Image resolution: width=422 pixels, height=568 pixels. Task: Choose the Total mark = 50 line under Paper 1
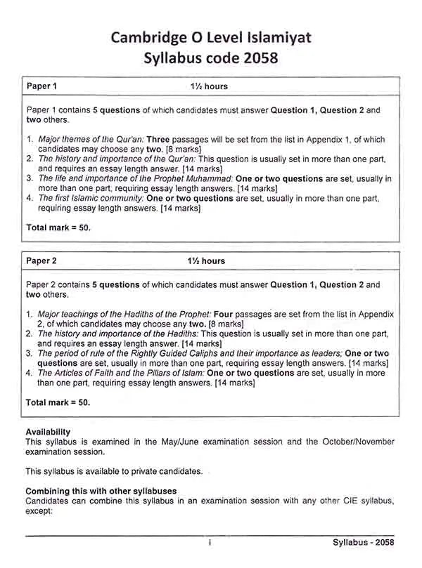(x=58, y=228)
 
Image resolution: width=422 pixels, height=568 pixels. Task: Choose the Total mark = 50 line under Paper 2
(x=58, y=403)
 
